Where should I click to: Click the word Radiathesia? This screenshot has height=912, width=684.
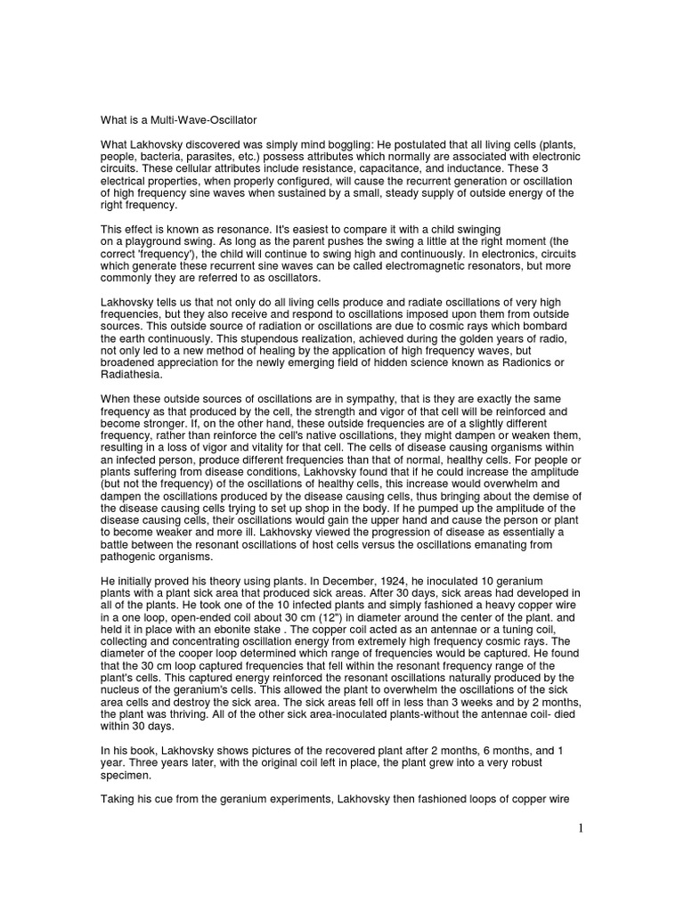(x=132, y=381)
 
